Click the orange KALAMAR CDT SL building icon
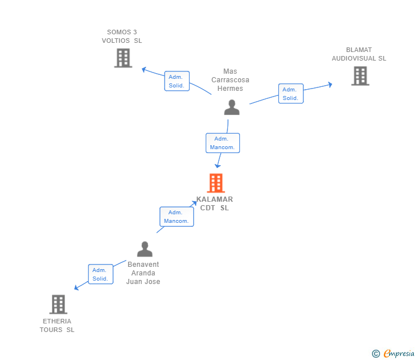tap(215, 183)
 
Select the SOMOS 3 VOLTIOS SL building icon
tap(123, 58)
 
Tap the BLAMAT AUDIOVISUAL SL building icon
tap(359, 75)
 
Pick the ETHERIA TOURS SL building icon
tap(58, 304)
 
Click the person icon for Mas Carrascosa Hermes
tap(231, 107)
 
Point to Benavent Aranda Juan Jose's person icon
tap(145, 249)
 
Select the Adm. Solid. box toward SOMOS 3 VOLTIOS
tap(177, 81)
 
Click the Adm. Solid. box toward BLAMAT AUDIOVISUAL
tap(290, 94)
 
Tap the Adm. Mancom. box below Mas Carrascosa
tap(222, 143)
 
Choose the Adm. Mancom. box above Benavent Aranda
tap(176, 217)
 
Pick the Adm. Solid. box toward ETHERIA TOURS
tap(100, 274)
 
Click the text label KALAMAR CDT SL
tap(214, 203)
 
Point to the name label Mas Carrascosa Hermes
tap(230, 80)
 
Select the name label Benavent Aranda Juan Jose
tap(143, 273)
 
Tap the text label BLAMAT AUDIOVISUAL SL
tap(359, 54)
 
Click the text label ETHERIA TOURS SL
tap(57, 325)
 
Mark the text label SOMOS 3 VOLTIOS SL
tap(122, 36)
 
